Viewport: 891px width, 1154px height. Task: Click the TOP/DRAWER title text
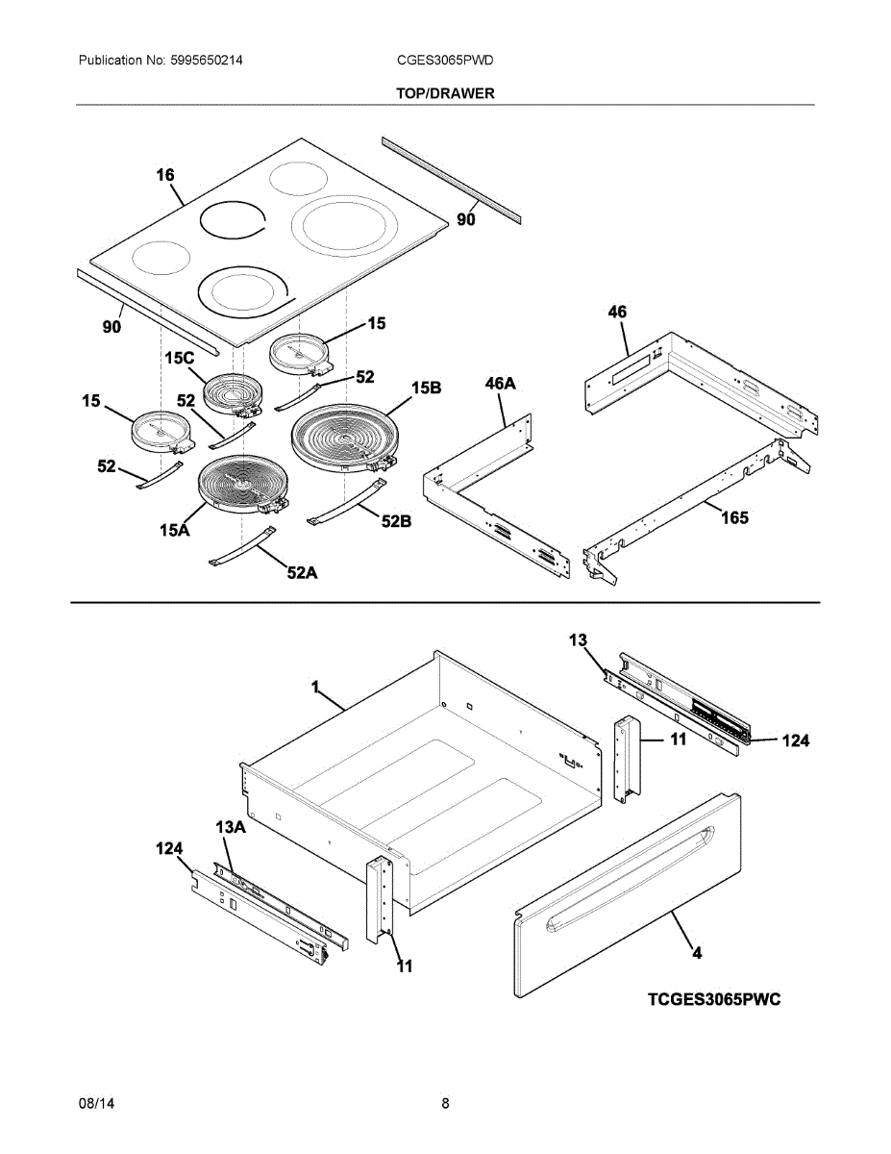click(x=445, y=93)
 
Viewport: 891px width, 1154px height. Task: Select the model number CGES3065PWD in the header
click(x=445, y=61)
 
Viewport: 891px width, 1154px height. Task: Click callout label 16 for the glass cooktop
click(x=165, y=175)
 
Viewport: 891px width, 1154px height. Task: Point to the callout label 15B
click(x=426, y=389)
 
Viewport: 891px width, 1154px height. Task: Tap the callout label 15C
click(x=179, y=358)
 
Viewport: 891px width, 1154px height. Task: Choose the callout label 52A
click(x=302, y=573)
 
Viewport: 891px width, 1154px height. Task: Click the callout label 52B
click(x=396, y=521)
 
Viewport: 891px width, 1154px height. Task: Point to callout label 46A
click(x=500, y=384)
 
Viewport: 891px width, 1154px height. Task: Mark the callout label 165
click(x=734, y=518)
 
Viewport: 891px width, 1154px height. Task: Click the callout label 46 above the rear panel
click(x=617, y=312)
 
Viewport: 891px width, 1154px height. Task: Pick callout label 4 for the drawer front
click(x=697, y=953)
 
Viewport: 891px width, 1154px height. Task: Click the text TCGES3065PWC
click(x=713, y=1000)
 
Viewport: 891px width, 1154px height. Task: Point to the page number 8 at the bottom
click(x=445, y=1104)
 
